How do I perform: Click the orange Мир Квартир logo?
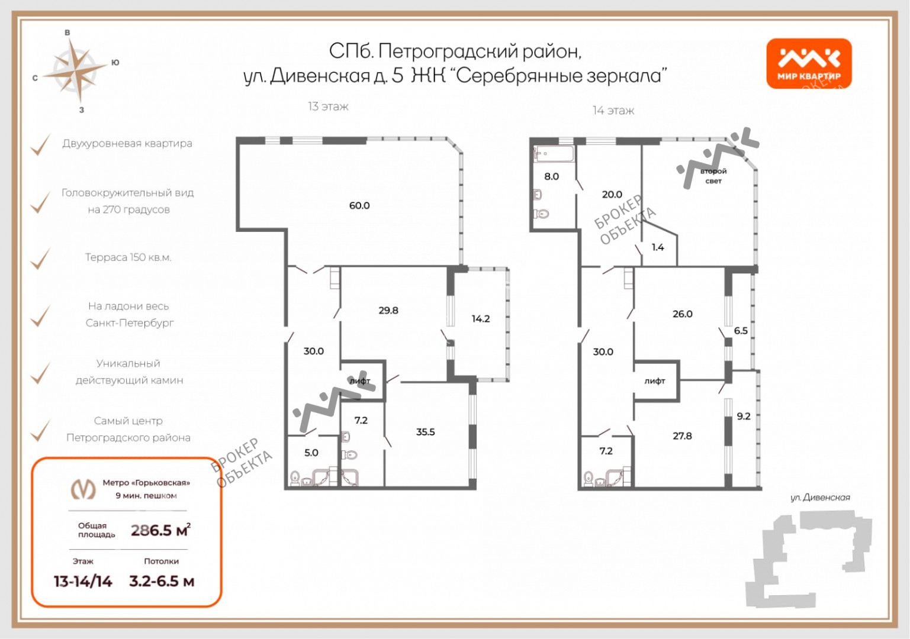809,63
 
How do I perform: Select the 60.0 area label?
359,205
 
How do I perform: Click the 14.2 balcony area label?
481,319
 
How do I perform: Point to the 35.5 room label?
425,432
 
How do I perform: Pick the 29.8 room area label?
388,311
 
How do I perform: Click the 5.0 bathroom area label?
311,453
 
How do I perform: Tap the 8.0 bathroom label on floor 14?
551,176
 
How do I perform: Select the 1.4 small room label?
658,247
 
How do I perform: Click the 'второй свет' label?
713,176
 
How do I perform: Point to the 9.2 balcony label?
744,416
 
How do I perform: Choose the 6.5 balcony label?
741,331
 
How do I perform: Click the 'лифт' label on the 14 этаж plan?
655,381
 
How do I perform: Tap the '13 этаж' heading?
328,106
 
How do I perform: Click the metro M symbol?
83,489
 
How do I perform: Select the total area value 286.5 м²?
160,530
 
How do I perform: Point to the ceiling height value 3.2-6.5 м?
162,582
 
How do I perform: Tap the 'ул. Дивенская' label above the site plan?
820,498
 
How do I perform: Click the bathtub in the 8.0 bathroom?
554,154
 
